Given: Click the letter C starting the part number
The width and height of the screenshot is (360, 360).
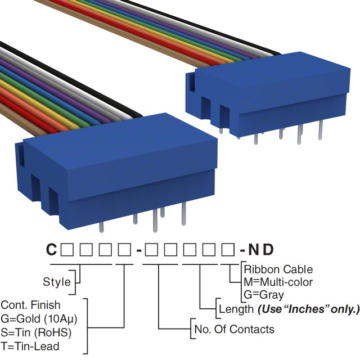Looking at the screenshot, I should pyautogui.click(x=51, y=249).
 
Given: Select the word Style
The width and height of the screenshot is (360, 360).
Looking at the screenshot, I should pyautogui.click(x=57, y=282).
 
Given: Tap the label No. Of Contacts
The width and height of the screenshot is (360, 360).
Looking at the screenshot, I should pyautogui.click(x=233, y=329).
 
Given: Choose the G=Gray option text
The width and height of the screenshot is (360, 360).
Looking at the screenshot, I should pyautogui.click(x=264, y=294).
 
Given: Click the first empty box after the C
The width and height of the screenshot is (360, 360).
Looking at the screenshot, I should pyautogui.click(x=67, y=249).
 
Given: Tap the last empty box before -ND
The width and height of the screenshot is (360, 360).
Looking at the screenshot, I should pyautogui.click(x=230, y=249).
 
